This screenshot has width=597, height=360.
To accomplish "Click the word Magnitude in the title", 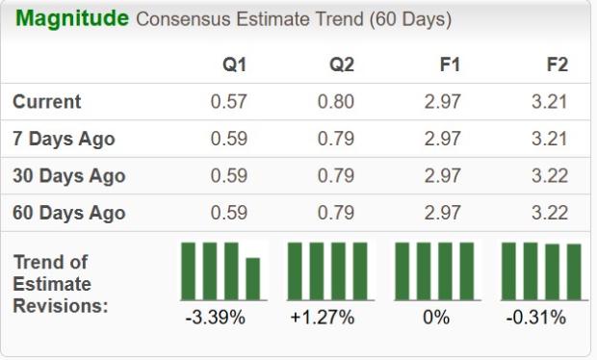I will click(71, 19).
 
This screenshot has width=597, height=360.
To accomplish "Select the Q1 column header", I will click(234, 65).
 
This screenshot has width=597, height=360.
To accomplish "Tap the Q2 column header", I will click(341, 65).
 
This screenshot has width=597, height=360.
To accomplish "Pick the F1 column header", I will click(450, 65).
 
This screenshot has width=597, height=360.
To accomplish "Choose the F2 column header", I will click(556, 65).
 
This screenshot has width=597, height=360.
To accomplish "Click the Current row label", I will click(47, 102).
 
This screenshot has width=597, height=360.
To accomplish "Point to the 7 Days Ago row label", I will click(64, 139).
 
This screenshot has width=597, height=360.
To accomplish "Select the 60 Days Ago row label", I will click(68, 213).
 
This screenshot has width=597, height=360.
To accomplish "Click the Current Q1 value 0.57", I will click(228, 102).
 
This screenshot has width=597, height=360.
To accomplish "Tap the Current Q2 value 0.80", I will click(336, 102).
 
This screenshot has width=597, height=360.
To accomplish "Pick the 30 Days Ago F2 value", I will click(550, 176).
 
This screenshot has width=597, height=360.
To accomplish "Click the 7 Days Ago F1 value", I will click(443, 139).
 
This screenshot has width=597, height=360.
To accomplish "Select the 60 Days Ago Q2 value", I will click(336, 213).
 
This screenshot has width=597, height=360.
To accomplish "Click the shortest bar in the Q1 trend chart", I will click(253, 278).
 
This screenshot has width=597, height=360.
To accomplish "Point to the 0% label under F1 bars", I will click(435, 318).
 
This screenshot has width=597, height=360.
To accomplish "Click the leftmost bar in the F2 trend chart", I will click(509, 270).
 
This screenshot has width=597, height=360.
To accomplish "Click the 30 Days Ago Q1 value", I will click(228, 176).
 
